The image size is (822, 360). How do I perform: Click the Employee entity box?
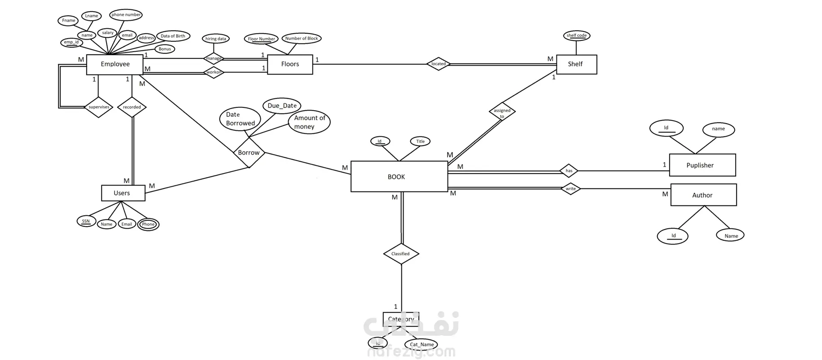point(115,64)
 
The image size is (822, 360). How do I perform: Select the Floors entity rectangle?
point(290,64)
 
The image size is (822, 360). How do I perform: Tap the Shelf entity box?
point(576,64)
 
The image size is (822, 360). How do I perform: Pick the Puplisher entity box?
point(702,165)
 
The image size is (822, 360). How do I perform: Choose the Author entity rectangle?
point(703,195)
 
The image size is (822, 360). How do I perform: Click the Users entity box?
point(123,193)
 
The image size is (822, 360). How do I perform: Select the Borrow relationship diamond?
point(249,153)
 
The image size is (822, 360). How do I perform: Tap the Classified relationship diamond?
point(401,253)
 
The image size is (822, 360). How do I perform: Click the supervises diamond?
point(98,107)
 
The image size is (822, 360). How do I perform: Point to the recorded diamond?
point(132,107)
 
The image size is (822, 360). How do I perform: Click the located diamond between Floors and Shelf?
point(438,64)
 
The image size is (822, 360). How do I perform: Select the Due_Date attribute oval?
point(282,106)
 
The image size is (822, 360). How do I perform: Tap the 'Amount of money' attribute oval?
point(309,122)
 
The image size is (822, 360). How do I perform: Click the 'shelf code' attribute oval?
point(577,36)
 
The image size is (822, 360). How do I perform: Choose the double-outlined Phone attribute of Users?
point(148,224)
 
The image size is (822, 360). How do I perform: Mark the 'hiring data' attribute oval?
point(216,39)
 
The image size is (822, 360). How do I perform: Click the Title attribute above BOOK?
point(420,141)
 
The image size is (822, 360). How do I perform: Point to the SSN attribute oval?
point(86,221)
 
